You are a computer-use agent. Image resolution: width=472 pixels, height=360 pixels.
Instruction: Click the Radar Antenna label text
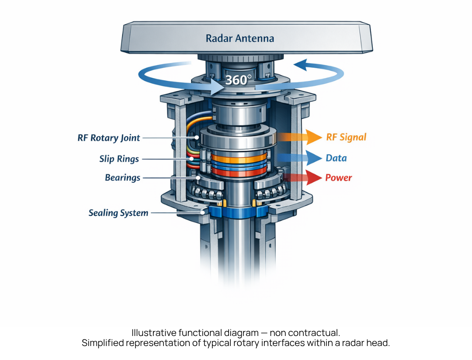coord(240,38)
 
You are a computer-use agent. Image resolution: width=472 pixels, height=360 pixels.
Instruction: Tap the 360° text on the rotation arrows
coord(238,80)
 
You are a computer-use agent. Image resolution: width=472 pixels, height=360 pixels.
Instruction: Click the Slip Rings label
coord(118,159)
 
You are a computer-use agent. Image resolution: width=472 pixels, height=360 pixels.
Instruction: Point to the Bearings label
coord(122,178)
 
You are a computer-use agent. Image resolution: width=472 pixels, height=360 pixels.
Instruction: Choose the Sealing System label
coord(118,213)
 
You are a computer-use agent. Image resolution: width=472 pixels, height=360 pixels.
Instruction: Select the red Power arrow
coord(302,177)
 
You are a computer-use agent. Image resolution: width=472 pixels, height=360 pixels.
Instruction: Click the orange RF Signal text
coord(346,137)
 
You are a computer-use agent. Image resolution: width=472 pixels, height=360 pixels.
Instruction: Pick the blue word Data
coord(336,158)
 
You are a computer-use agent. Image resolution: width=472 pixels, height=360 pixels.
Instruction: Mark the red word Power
coord(338,178)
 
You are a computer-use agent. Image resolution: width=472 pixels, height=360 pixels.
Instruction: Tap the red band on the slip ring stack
coord(239,172)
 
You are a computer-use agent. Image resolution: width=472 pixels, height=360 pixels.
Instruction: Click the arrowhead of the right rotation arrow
coord(301,66)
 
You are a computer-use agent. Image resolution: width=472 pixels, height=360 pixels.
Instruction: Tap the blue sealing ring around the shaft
coord(236,213)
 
